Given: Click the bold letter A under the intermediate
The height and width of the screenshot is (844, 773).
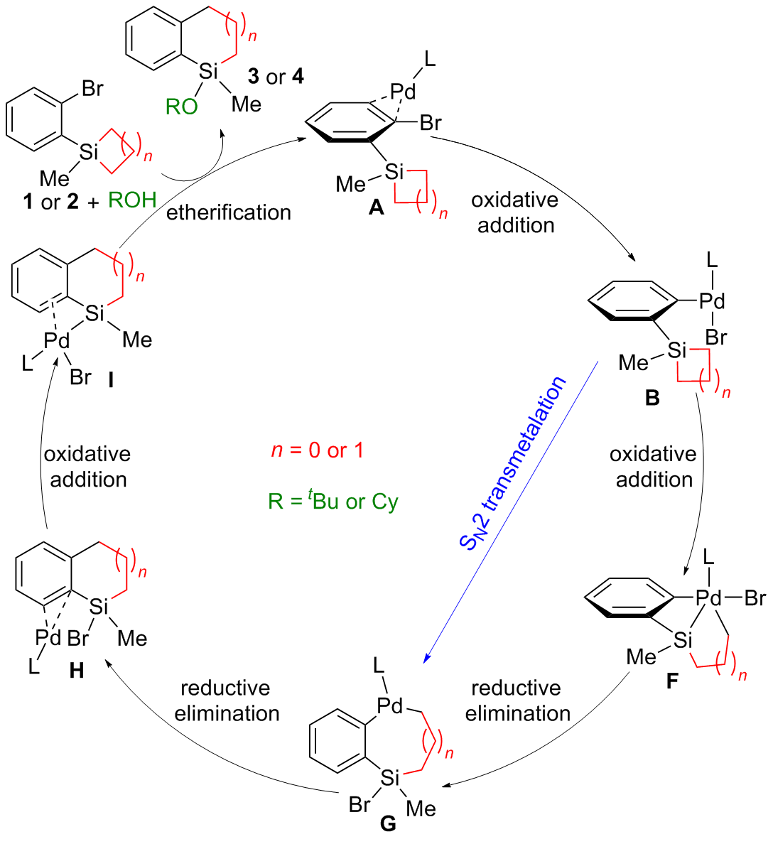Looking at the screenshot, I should pyautogui.click(x=376, y=207).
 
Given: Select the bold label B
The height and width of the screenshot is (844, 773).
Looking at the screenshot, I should pyautogui.click(x=652, y=399).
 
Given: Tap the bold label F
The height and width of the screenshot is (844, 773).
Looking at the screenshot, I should pyautogui.click(x=671, y=682).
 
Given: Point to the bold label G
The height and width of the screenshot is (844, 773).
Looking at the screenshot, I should pyautogui.click(x=389, y=823).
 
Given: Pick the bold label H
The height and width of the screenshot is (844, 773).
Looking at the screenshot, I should pyautogui.click(x=77, y=670).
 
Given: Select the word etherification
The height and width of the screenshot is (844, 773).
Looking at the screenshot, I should pyautogui.click(x=229, y=212).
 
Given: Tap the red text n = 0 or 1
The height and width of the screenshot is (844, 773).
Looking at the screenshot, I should pyautogui.click(x=317, y=450).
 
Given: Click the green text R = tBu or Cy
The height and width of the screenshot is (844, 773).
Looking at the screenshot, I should pyautogui.click(x=333, y=502).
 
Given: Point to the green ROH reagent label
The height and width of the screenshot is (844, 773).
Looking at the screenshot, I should pyautogui.click(x=132, y=200).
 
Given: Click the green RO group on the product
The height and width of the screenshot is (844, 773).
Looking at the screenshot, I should pyautogui.click(x=182, y=107).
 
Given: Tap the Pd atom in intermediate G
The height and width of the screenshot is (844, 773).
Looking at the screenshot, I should pyautogui.click(x=390, y=705).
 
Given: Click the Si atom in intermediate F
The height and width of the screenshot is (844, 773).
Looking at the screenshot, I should pyautogui.click(x=683, y=641).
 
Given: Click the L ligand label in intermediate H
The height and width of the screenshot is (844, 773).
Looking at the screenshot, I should pyautogui.click(x=33, y=667).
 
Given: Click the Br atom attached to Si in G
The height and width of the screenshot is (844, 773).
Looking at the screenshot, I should pyautogui.click(x=360, y=804).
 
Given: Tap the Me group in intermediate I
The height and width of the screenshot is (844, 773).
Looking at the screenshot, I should pyautogui.click(x=137, y=340).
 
